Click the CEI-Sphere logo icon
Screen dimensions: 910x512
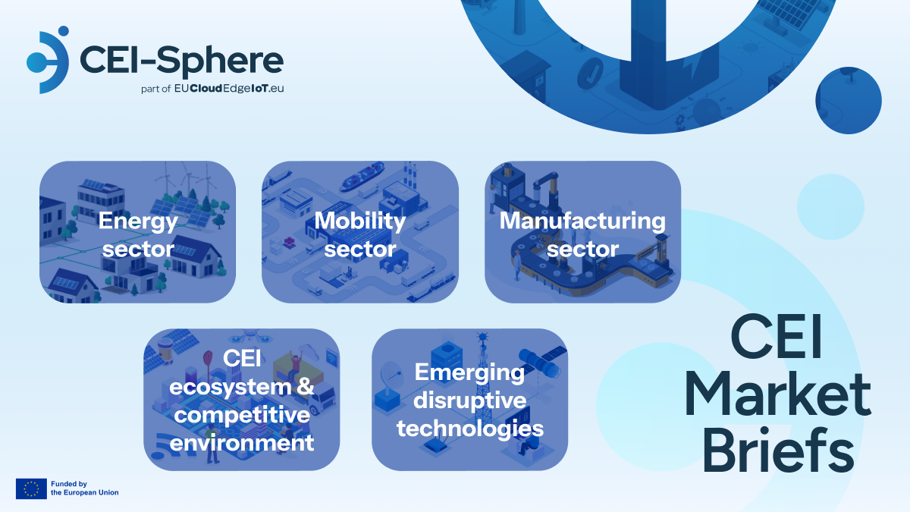(x=48, y=60)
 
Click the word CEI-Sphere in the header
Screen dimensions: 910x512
(x=181, y=61)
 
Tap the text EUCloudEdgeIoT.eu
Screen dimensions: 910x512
(x=229, y=88)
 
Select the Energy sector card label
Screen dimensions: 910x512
(x=138, y=234)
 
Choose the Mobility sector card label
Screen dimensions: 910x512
(x=360, y=234)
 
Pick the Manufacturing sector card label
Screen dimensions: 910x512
(x=582, y=234)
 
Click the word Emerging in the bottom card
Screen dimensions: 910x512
(x=469, y=372)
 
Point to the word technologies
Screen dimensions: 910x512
(x=470, y=429)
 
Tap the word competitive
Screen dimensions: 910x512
(x=242, y=415)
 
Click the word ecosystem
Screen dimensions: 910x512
(x=231, y=387)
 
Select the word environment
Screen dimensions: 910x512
(x=242, y=442)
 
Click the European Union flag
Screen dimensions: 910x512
(x=31, y=488)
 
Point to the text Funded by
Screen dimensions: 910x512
(x=69, y=484)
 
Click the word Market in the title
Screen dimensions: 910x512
(x=778, y=395)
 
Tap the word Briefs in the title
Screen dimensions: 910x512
(x=778, y=451)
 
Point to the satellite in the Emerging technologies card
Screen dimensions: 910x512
(x=543, y=361)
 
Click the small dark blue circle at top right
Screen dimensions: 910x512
(x=849, y=100)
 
